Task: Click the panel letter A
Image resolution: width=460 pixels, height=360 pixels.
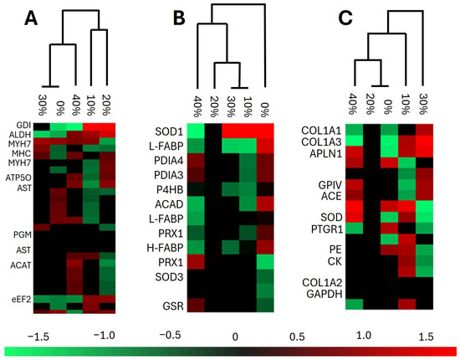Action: [31, 18]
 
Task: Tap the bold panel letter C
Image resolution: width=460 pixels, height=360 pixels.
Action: [345, 18]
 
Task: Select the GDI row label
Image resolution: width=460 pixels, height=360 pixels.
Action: [23, 126]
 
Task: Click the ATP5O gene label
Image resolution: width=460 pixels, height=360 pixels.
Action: [18, 177]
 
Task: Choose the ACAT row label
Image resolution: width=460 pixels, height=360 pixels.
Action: [21, 265]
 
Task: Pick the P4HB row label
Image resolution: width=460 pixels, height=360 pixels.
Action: [170, 190]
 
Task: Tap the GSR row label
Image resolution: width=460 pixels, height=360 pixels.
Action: [173, 306]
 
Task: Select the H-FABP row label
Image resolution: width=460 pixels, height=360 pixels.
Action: [165, 248]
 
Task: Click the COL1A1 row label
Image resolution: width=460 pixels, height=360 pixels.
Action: [321, 131]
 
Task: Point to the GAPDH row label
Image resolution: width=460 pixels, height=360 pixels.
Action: [325, 294]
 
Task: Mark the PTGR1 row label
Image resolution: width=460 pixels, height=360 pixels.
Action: [326, 229]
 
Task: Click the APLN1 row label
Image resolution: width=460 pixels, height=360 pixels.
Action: [325, 153]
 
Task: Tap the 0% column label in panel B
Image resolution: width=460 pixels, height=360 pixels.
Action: [265, 111]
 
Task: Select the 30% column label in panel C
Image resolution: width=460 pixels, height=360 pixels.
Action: [422, 104]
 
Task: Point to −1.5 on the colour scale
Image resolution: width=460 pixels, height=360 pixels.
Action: [38, 337]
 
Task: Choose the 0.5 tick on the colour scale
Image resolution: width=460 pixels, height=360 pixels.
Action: [297, 337]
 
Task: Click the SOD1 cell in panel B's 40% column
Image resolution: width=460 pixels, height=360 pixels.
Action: [196, 131]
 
